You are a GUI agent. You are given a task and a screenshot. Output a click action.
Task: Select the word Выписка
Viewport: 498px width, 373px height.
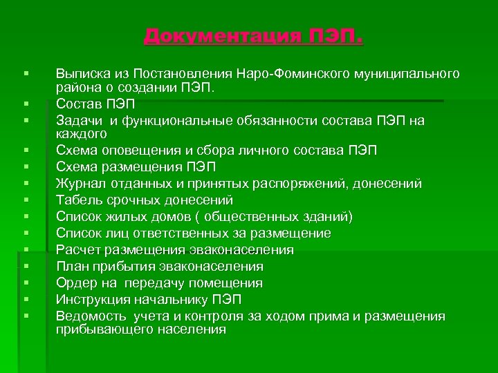(84, 73)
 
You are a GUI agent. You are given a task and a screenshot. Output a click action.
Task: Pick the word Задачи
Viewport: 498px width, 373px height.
(78, 120)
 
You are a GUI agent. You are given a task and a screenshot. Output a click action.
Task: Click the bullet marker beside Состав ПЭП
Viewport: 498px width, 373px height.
(24, 104)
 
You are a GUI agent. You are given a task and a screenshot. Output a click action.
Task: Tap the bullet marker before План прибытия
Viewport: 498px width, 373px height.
(24, 267)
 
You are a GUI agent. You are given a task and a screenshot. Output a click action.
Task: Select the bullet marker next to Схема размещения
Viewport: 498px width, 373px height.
(24, 167)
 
